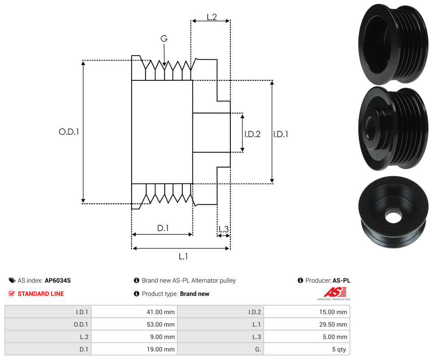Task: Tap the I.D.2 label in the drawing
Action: [252, 134]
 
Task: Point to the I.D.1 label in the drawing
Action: [281, 134]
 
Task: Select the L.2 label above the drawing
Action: [212, 17]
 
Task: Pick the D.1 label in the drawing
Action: [163, 228]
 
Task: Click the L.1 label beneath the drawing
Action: [183, 256]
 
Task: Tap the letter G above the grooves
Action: [164, 39]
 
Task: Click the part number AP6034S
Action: [57, 281]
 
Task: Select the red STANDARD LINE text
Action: [40, 294]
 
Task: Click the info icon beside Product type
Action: [137, 294]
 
